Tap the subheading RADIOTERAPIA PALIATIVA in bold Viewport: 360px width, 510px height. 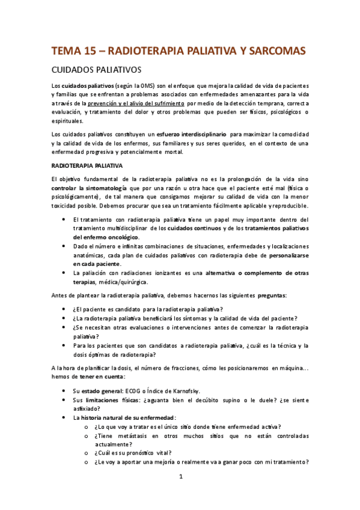pyautogui.click(x=87, y=165)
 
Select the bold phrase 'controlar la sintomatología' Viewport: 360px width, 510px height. pyautogui.click(x=88, y=188)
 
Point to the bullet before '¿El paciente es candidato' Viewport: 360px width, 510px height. pyautogui.click(x=64, y=309)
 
